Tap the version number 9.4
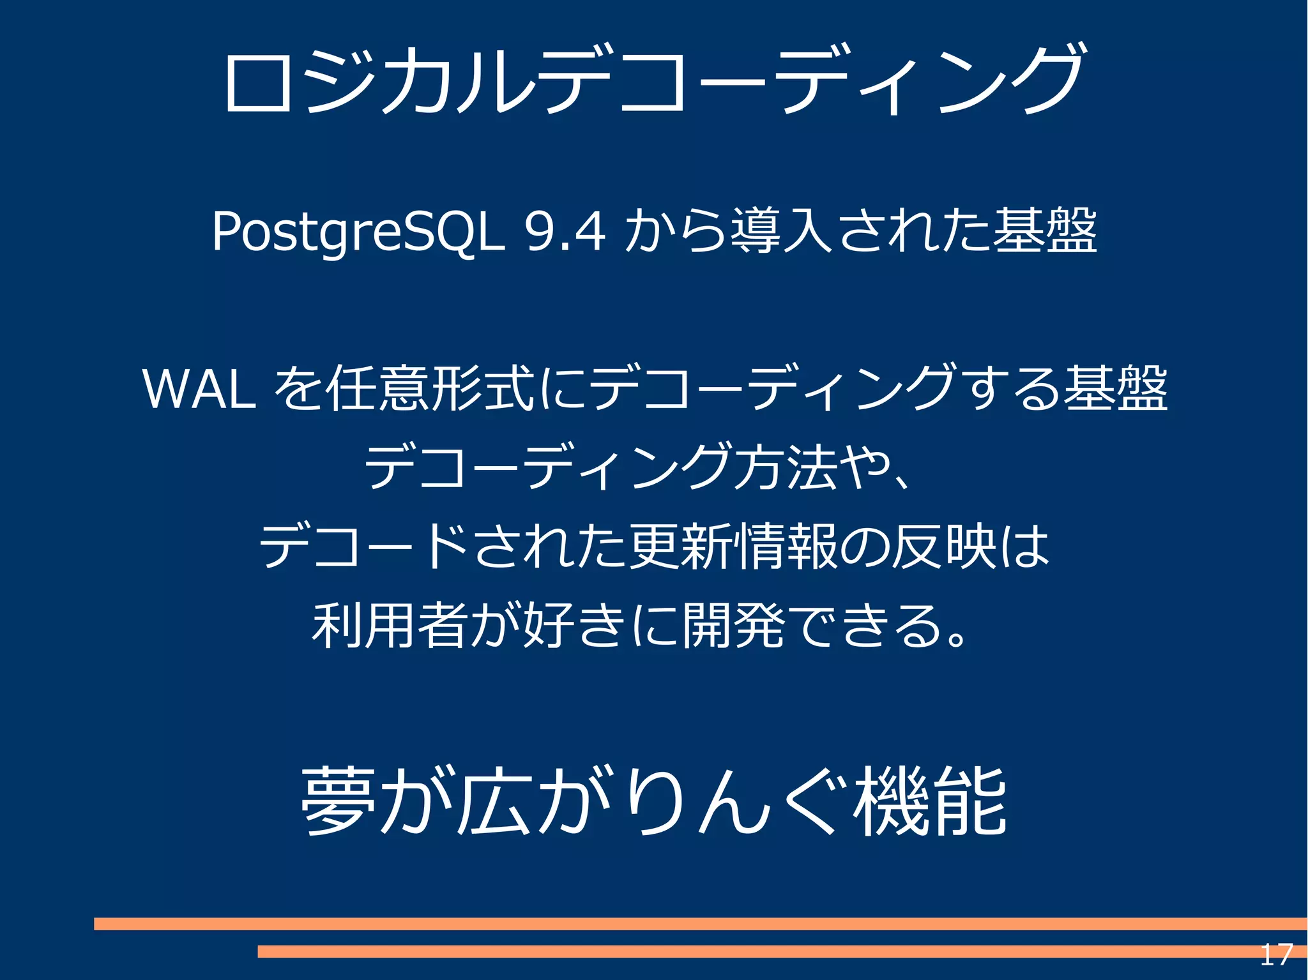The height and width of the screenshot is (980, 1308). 563,231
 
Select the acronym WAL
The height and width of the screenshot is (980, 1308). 199,389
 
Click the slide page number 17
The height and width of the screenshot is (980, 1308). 1275,955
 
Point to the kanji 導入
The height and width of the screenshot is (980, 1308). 782,231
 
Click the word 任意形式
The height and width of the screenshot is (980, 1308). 429,389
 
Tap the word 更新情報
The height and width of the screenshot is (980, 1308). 733,547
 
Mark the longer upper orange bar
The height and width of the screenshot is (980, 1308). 700,923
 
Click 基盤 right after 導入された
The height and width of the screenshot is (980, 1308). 1045,231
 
